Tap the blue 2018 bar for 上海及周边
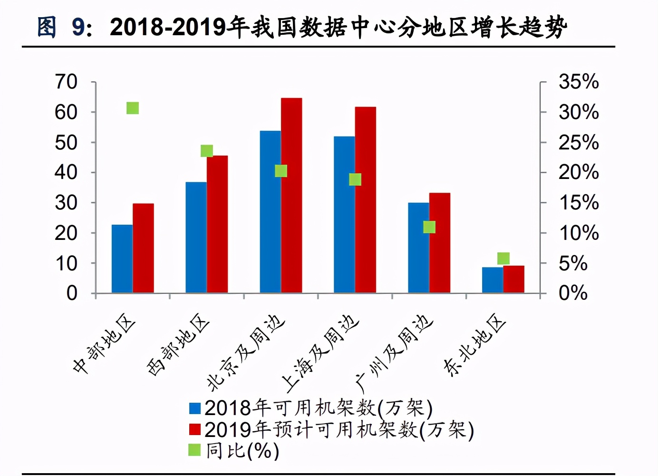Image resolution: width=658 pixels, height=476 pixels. (344, 214)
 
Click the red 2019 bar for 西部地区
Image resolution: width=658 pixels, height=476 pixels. (217, 224)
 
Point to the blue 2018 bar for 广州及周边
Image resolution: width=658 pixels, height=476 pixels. (418, 248)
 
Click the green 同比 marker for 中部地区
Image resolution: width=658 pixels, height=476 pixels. (133, 109)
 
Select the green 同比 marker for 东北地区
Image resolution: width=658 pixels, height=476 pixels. (503, 258)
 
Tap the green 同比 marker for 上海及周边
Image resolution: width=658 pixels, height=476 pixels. (355, 179)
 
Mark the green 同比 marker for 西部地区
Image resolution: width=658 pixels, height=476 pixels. (207, 151)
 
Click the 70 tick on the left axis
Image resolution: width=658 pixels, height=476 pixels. (66, 82)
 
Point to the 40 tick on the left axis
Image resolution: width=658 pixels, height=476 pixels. (66, 172)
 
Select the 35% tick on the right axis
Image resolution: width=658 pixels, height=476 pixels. (578, 82)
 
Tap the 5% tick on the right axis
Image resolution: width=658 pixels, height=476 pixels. (573, 263)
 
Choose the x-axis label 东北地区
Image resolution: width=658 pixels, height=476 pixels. (474, 345)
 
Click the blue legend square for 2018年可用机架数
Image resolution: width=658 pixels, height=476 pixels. (195, 408)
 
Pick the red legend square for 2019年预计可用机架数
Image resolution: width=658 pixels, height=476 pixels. (195, 429)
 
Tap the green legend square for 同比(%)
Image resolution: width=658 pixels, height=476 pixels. (195, 450)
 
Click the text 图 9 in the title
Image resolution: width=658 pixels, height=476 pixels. (64, 27)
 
